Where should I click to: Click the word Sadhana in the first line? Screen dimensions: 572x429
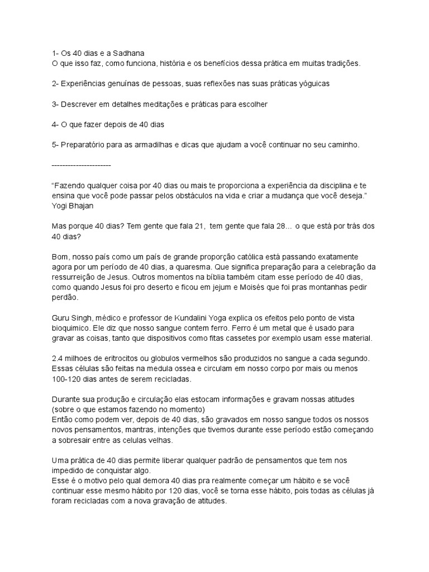pos(128,53)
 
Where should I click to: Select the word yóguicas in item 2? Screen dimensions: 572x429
pos(313,83)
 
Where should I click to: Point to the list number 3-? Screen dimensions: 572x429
pos(56,104)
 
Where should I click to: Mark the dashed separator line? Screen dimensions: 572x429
pos(81,165)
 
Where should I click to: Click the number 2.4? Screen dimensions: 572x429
pos(57,357)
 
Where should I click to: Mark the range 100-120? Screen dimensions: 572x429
pos(69,378)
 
